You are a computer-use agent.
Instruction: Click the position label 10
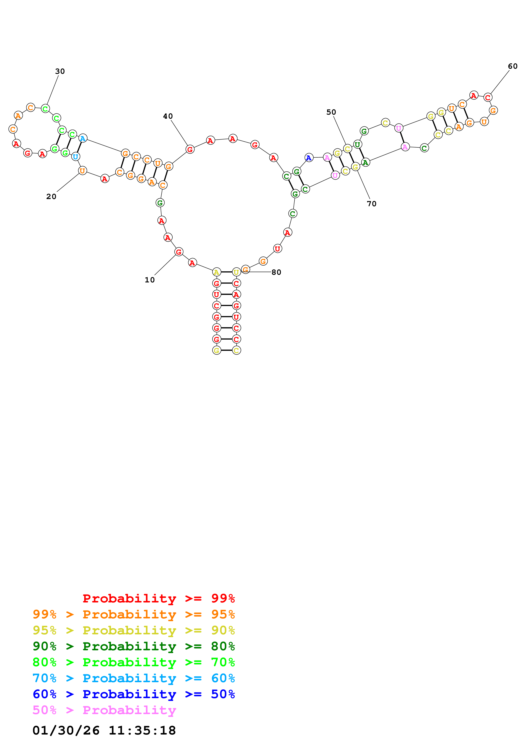pyautogui.click(x=149, y=280)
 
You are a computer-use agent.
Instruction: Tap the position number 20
pyautogui.click(x=51, y=196)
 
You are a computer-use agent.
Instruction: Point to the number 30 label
pyautogui.click(x=60, y=71)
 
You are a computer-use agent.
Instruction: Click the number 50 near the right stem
pyautogui.click(x=331, y=112)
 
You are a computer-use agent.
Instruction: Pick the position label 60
pyautogui.click(x=513, y=66)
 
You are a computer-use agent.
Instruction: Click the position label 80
pyautogui.click(x=276, y=272)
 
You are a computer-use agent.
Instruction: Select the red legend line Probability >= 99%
pyautogui.click(x=159, y=598)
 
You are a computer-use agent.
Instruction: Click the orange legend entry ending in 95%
pyautogui.click(x=134, y=614)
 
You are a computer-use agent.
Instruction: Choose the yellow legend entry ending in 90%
pyautogui.click(x=134, y=630)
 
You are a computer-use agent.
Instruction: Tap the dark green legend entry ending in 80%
pyautogui.click(x=134, y=646)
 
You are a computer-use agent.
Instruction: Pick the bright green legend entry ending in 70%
pyautogui.click(x=134, y=662)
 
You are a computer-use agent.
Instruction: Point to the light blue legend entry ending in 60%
pyautogui.click(x=134, y=678)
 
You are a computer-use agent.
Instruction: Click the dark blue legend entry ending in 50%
pyautogui.click(x=134, y=694)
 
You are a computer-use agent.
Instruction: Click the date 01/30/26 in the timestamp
pyautogui.click(x=66, y=730)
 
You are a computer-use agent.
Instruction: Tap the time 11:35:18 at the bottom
pyautogui.click(x=142, y=730)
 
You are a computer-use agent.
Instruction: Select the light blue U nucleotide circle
pyautogui.click(x=75, y=157)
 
